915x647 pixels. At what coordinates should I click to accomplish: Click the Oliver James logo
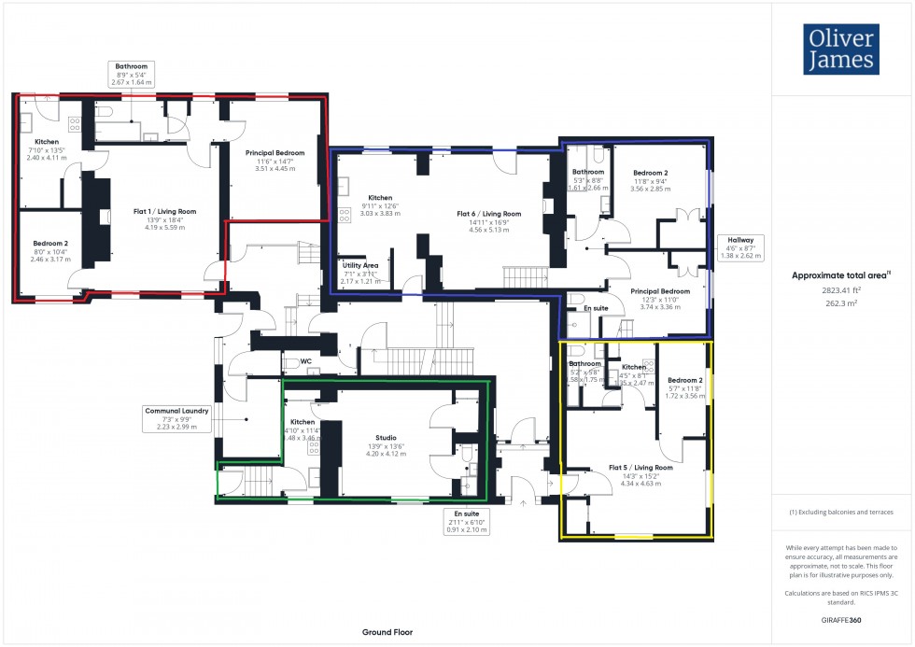click(x=840, y=49)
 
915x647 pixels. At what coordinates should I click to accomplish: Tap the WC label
click(x=305, y=361)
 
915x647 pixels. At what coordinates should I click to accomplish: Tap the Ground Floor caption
click(x=388, y=632)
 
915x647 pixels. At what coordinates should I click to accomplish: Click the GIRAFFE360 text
click(x=841, y=619)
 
